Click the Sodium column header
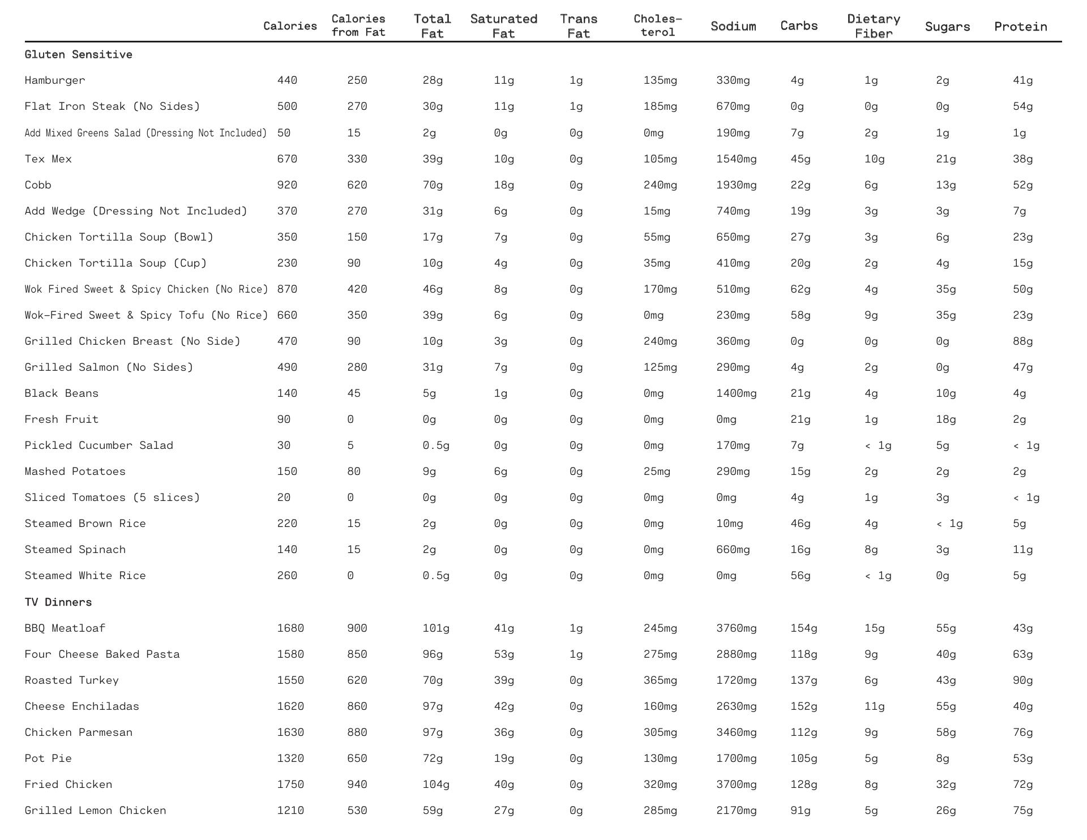click(733, 26)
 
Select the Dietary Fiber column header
click(874, 26)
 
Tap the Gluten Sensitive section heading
click(78, 54)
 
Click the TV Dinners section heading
click(58, 602)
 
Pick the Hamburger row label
click(55, 80)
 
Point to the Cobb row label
click(38, 185)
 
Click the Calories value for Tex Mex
click(287, 159)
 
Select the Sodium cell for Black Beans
click(736, 393)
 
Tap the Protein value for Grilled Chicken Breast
click(1022, 341)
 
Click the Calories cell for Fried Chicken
click(290, 785)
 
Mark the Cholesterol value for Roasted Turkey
click(660, 680)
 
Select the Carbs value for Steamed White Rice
click(800, 576)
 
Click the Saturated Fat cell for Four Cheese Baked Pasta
click(504, 654)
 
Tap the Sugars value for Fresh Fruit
click(946, 419)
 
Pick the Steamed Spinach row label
click(75, 550)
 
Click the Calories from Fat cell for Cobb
click(357, 185)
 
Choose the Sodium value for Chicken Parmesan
click(736, 732)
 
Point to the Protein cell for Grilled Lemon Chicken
click(1022, 811)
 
